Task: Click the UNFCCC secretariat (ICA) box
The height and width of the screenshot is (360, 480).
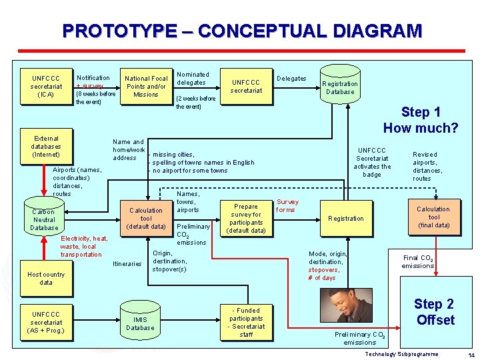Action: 46,87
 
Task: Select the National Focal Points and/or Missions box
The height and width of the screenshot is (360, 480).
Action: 145,87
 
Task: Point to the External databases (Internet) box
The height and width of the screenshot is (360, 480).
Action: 46,147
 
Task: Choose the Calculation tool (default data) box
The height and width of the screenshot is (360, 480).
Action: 146,219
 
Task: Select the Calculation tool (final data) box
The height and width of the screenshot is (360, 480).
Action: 433,217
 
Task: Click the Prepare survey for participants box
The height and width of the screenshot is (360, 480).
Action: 246,219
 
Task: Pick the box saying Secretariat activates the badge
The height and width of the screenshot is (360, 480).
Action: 371,163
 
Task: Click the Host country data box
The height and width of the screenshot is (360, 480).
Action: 46,279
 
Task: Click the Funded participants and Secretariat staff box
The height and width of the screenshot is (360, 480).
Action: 246,323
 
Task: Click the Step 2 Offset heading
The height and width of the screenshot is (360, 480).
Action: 434,312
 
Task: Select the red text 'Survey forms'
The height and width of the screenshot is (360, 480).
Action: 287,205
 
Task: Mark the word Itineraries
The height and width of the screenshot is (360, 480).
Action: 127,264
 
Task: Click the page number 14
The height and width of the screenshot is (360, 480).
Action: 471,355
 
